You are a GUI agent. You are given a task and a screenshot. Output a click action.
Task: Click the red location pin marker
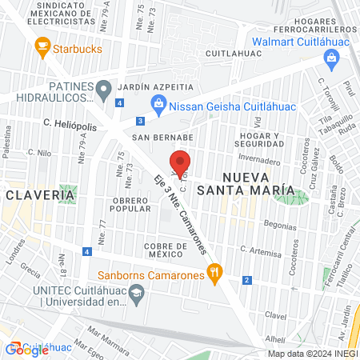(x=180, y=162)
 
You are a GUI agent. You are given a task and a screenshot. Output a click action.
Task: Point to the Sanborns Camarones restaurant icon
(x=214, y=272)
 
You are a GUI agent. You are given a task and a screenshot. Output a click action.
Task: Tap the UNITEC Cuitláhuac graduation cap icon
(x=136, y=294)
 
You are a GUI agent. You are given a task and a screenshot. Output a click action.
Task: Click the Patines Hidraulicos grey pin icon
(x=103, y=90)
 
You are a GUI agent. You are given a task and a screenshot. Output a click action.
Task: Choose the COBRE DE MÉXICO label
(x=166, y=250)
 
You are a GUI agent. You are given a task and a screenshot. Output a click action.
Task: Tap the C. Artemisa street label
(x=262, y=250)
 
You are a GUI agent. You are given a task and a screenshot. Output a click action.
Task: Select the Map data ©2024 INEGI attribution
(x=312, y=354)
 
